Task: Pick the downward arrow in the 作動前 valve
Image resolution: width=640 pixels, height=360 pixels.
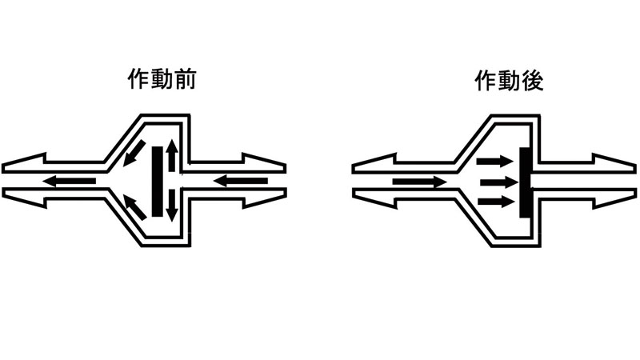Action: point(171,204)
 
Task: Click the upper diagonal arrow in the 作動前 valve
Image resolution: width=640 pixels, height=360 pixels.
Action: point(135,151)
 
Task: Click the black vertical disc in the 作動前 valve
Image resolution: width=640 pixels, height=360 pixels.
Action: point(157,181)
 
